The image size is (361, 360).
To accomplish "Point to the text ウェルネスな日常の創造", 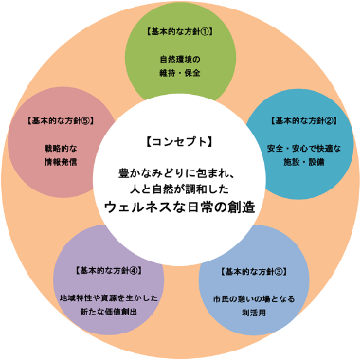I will click(x=180, y=206).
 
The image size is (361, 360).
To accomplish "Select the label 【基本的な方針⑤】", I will click(x=59, y=121).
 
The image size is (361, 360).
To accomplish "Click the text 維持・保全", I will click(x=181, y=73).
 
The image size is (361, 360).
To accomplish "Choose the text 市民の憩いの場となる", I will click(x=254, y=299).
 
